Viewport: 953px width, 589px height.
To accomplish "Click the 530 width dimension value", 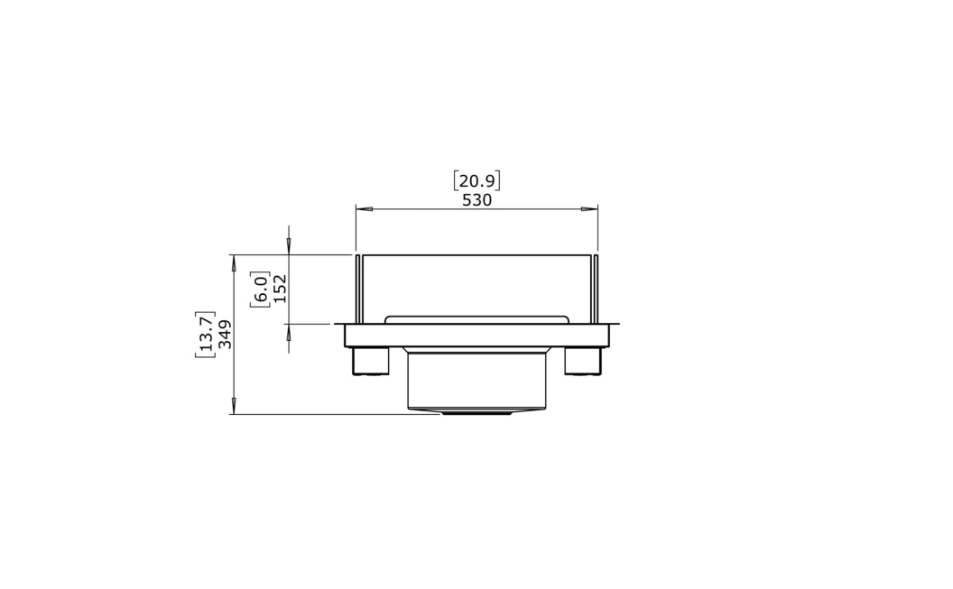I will pos(476,200).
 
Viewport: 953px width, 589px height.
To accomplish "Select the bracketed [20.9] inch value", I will pos(476,180).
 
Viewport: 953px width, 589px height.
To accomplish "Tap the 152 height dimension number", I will pos(280,289).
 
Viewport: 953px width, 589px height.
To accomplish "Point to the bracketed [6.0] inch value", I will pos(260,289).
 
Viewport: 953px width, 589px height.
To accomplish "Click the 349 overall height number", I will pos(225,335).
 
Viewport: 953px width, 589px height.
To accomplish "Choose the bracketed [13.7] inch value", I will pos(205,335).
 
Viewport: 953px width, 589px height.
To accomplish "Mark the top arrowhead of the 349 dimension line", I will pos(234,262).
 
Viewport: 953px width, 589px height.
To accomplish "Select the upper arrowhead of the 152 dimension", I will pos(289,246).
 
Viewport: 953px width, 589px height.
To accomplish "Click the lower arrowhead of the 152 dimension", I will pos(289,332).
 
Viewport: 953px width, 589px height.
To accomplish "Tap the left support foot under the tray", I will pos(370,361).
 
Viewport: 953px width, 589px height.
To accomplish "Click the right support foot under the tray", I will pos(583,361).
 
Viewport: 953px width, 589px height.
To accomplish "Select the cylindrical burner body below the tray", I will pos(476,379).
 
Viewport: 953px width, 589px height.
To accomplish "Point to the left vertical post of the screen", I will pos(358,289).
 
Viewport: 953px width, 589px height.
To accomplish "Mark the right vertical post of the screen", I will pos(596,289).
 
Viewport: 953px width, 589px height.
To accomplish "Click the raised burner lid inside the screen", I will pos(476,319).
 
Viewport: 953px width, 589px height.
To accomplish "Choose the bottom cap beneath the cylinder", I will pos(476,411).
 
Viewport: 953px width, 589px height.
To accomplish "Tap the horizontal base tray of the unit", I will pos(476,336).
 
